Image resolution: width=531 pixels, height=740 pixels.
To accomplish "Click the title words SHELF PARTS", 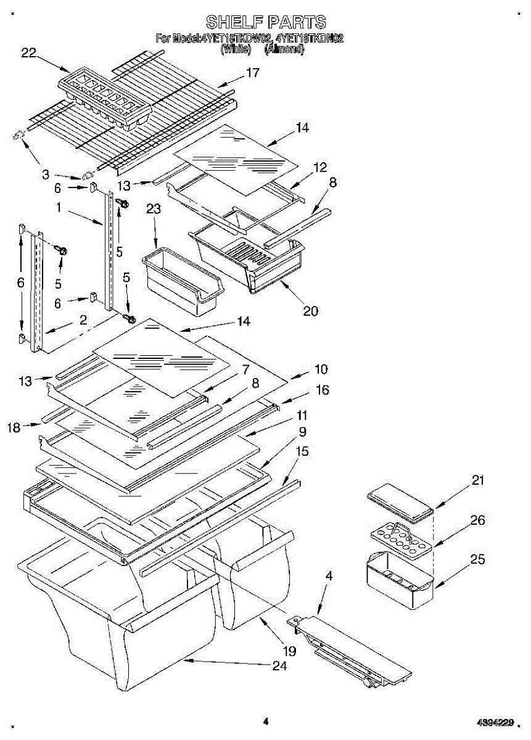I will pyautogui.click(x=265, y=23).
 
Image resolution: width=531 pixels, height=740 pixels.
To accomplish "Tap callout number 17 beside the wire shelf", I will pyautogui.click(x=253, y=73).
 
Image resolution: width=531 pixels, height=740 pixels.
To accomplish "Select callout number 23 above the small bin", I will pyautogui.click(x=154, y=209).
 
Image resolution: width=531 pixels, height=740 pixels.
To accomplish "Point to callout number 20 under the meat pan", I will pyautogui.click(x=310, y=311).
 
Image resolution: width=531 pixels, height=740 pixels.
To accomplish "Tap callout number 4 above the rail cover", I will pyautogui.click(x=329, y=577).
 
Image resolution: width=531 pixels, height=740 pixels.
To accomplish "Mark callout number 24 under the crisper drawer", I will pyautogui.click(x=279, y=666).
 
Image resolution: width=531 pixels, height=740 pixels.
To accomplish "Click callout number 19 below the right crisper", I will pyautogui.click(x=289, y=651).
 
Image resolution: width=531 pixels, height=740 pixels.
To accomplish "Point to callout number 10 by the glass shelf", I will pyautogui.click(x=321, y=369).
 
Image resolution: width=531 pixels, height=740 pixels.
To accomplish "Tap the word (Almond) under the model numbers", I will pyautogui.click(x=284, y=50).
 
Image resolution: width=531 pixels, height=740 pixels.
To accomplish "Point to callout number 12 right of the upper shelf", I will pyautogui.click(x=320, y=167).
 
